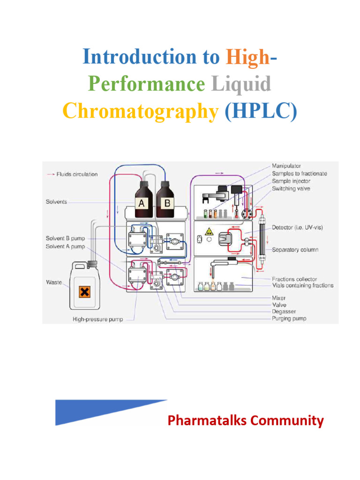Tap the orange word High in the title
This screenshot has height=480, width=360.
247,57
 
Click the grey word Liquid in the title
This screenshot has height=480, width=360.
241,84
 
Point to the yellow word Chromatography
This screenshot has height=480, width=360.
141,111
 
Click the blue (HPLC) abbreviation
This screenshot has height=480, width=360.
261,111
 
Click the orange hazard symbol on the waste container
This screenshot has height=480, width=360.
84,292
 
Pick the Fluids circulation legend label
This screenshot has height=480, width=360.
77,174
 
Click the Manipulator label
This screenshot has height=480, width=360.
286,166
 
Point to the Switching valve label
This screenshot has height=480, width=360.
291,188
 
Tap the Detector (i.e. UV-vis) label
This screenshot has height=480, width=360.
297,227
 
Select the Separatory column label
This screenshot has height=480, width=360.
295,250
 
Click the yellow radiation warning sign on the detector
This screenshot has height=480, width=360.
208,231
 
